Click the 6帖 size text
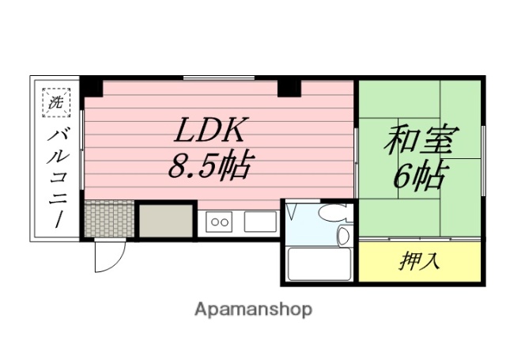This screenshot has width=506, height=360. coord(418,176)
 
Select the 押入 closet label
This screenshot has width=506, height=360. coord(420,261)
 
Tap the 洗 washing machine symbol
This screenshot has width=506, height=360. coord(56,101)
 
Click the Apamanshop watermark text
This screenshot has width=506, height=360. coord(252,308)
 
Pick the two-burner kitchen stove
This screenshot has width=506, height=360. coord(218,222)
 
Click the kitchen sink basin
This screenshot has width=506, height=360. coord(259,222)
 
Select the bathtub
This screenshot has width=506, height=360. coord(317,264)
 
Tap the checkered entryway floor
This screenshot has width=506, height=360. coord(107,218)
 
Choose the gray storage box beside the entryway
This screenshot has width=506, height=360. coord(165,219)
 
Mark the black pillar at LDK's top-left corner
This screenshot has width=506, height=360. coord(92,85)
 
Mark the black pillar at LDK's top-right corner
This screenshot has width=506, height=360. coord(289,86)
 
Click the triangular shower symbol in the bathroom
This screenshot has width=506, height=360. coord(292,212)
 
